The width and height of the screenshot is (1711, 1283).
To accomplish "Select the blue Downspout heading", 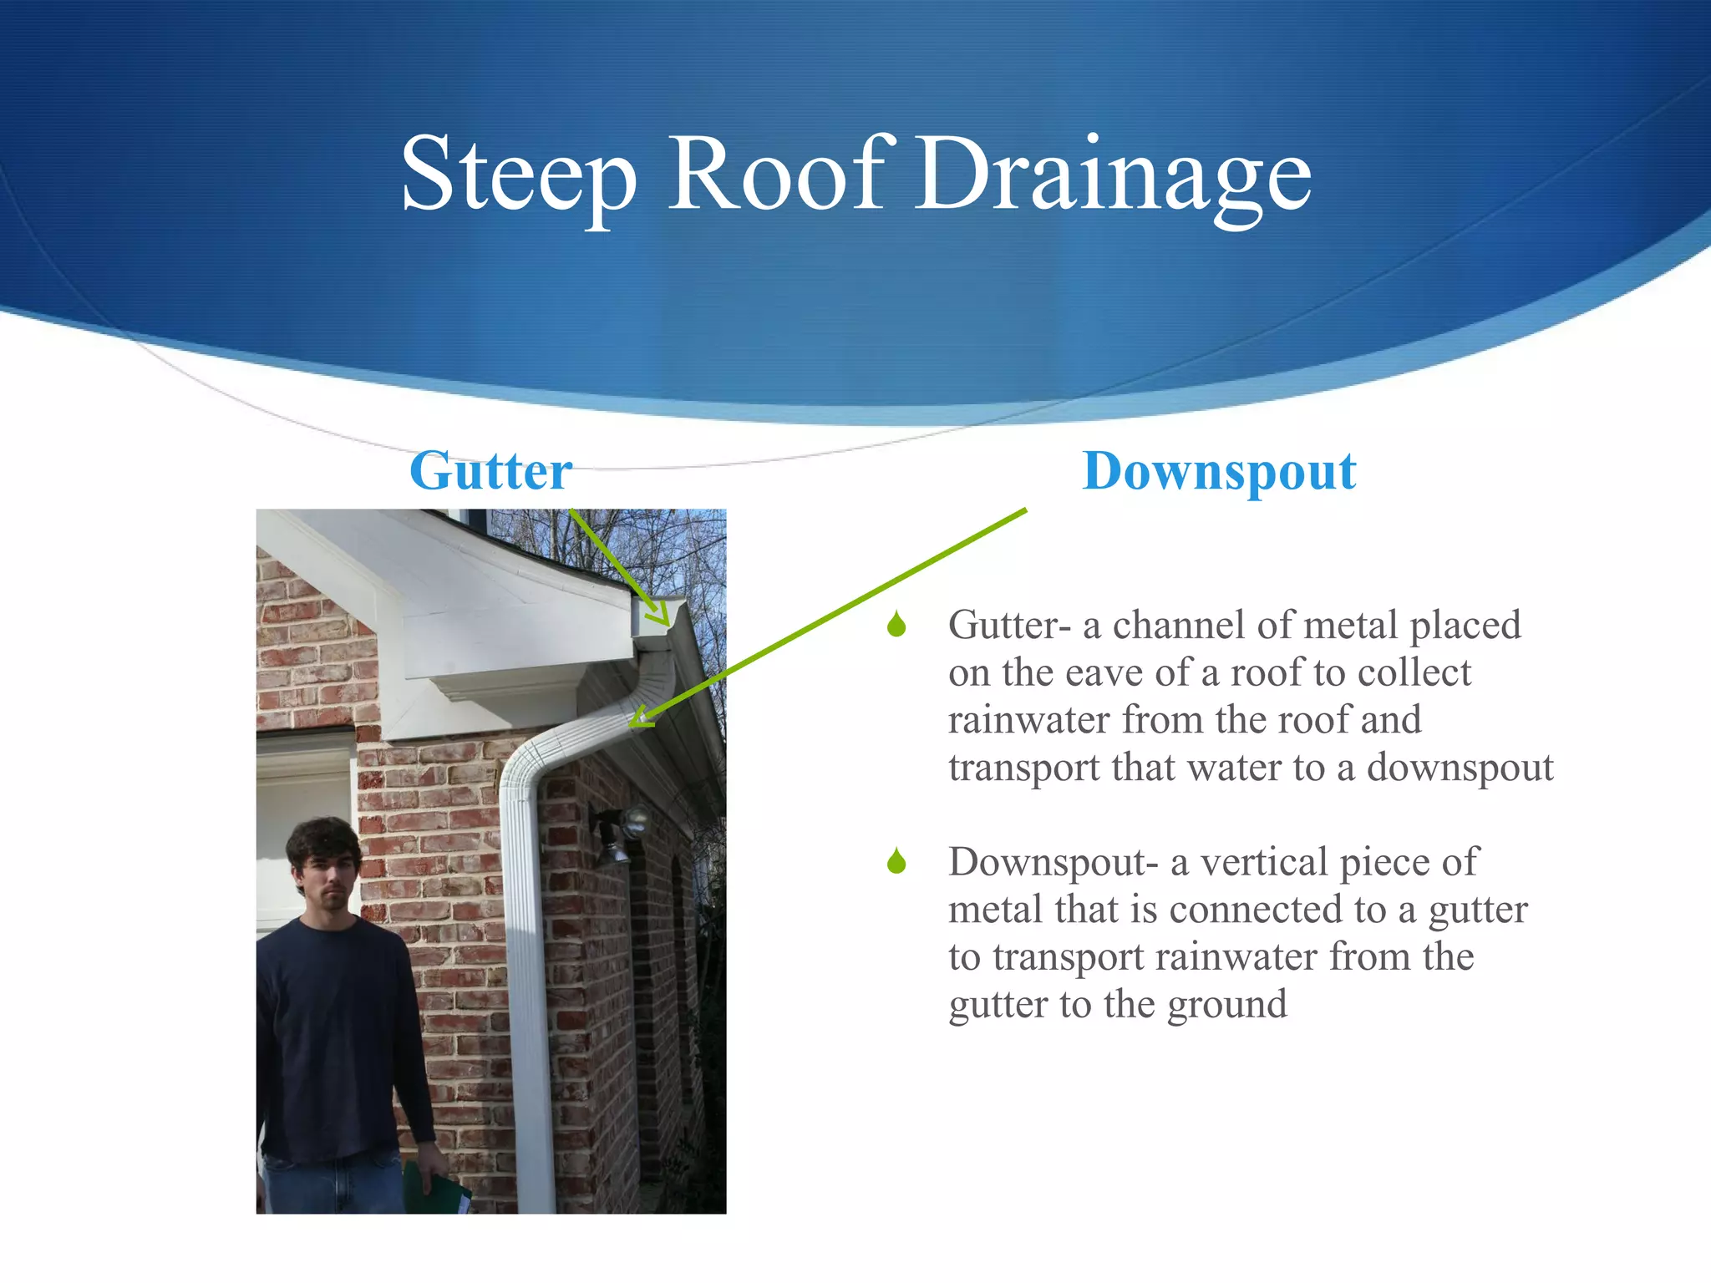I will pyautogui.click(x=1219, y=472).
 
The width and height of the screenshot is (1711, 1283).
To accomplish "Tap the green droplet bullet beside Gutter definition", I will pyautogui.click(x=896, y=624).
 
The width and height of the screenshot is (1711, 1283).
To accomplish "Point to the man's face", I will pyautogui.click(x=328, y=881).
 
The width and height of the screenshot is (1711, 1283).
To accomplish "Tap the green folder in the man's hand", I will pyautogui.click(x=434, y=1190).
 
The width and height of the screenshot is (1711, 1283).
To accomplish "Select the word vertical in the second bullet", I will pyautogui.click(x=1265, y=862).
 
